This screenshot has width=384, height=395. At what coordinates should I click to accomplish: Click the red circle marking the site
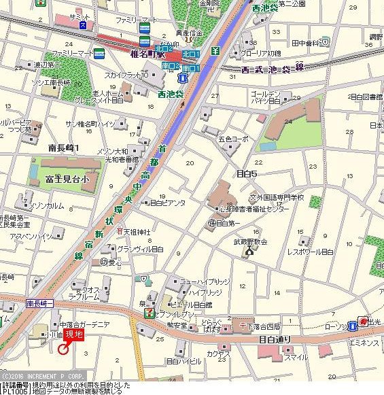point(63,349)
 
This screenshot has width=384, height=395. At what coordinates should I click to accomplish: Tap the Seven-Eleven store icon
point(148,312)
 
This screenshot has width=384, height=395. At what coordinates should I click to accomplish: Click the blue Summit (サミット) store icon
point(83,25)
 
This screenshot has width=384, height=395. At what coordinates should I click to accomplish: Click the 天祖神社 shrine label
point(135,231)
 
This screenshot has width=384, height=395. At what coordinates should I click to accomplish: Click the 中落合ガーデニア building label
point(84,324)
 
